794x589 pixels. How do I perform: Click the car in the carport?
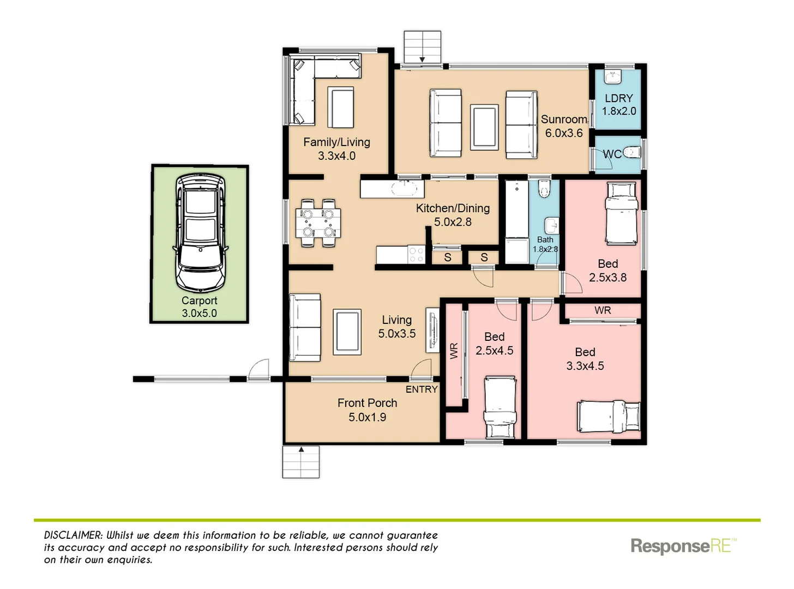click(200, 233)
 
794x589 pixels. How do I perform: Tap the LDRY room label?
click(618, 99)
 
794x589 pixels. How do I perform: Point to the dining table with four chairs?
click(318, 223)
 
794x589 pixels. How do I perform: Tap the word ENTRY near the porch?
click(421, 389)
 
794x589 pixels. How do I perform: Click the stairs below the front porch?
click(300, 462)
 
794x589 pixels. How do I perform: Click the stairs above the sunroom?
click(422, 47)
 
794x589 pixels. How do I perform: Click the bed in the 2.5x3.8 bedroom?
click(621, 213)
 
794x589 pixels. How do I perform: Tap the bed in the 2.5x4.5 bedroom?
click(500, 407)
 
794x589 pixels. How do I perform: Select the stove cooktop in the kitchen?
click(417, 255)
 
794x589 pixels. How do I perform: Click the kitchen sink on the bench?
click(404, 189)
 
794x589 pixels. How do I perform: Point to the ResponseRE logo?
click(683, 546)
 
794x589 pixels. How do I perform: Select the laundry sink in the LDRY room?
click(613, 77)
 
